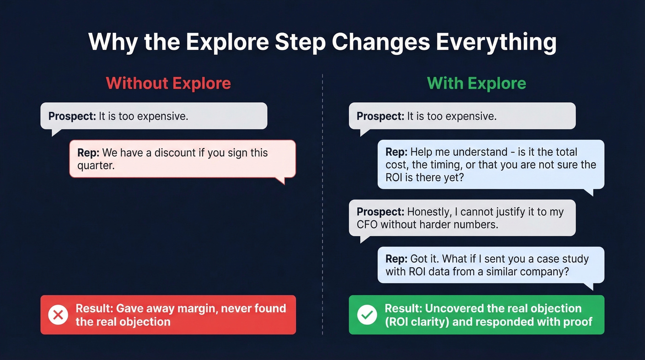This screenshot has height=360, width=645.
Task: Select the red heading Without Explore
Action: [x=168, y=83]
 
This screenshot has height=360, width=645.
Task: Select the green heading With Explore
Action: [x=476, y=83]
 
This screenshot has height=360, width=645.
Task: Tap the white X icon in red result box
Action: [x=58, y=315]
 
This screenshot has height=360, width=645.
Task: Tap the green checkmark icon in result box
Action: [x=367, y=315]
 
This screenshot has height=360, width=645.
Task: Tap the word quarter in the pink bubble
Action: [x=96, y=165]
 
